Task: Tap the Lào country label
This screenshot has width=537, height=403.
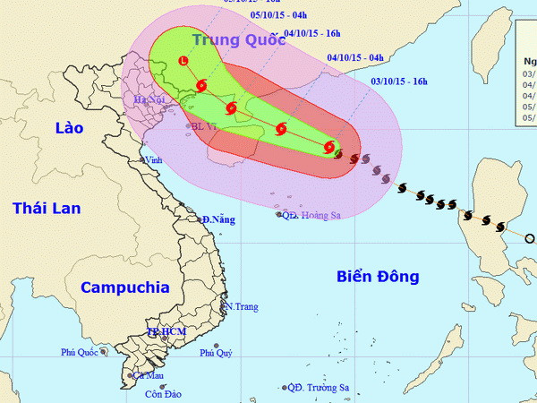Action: [x=69, y=128]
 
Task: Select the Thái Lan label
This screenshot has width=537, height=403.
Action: [x=47, y=209]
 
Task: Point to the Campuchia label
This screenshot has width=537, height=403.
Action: [x=124, y=287]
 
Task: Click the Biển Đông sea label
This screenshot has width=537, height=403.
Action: [x=378, y=277]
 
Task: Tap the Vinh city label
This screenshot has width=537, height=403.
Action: [x=158, y=159]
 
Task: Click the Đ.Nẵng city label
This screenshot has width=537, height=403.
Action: [x=217, y=219]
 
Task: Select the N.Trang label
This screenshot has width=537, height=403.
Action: [x=242, y=307]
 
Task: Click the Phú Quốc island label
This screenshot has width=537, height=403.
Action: [x=79, y=352]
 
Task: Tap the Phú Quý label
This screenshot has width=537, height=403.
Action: [x=216, y=353]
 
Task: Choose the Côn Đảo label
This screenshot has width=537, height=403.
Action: [x=162, y=394]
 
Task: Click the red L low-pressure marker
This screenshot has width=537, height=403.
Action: [x=183, y=61]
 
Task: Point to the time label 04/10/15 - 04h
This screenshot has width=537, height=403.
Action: [x=355, y=58]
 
